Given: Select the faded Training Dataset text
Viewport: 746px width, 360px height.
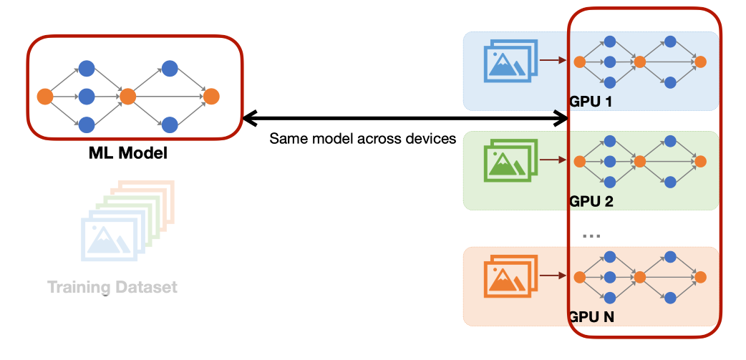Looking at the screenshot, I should [112, 288].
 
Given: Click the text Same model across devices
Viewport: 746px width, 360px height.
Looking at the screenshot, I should [362, 139].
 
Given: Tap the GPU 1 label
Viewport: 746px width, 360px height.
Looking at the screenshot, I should [591, 102].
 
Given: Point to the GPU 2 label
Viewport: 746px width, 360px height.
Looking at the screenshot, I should [591, 201].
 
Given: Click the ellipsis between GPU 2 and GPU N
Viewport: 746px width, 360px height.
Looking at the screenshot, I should [591, 235].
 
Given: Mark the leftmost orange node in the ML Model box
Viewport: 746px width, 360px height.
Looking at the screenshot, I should [44, 96].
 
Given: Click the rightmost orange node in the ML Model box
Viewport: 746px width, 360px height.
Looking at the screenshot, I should [210, 96].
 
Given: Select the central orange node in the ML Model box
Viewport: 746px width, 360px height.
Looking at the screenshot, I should [128, 96].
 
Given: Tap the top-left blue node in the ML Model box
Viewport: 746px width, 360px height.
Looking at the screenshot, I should [87, 69].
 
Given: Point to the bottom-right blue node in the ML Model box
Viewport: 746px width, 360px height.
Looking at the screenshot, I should [170, 125].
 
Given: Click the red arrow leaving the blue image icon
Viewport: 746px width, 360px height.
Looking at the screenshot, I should [551, 61].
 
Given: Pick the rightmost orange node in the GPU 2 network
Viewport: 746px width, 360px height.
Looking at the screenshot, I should [701, 162].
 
